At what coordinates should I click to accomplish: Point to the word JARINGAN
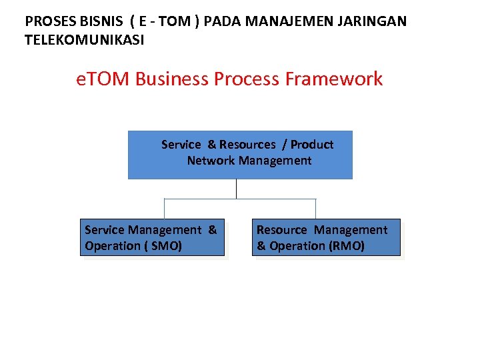372,21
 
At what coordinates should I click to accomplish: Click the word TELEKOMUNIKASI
84,40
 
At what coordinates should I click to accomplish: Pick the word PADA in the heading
223,21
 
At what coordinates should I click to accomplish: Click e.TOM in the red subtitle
103,79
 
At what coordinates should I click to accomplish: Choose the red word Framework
334,79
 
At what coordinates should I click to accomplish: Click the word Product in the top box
312,145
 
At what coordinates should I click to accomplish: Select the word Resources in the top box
247,145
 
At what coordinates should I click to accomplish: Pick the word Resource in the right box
281,230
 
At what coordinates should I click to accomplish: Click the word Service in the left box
105,230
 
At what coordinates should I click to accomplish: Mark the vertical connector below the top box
236,189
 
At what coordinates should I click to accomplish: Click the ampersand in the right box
261,246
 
